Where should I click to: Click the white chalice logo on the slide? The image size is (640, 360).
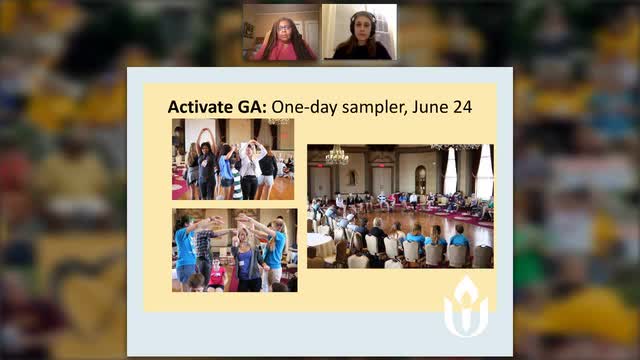(x=465, y=306)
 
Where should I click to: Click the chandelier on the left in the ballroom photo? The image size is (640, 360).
(x=338, y=155)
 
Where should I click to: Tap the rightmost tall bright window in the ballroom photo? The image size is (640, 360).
(x=484, y=172)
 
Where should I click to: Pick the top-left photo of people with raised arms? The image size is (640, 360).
(x=233, y=159)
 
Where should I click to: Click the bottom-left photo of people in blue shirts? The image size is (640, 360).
(x=233, y=250)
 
